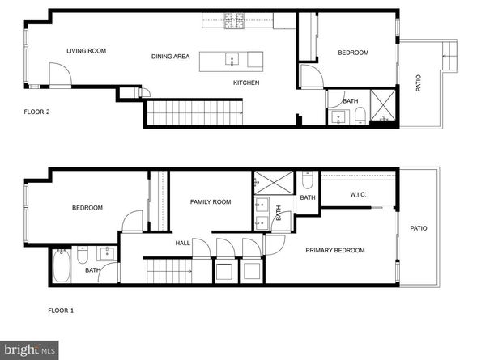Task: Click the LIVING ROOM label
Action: (x=87, y=51)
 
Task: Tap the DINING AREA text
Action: (x=170, y=56)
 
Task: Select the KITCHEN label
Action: (x=246, y=83)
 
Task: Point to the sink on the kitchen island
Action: (x=232, y=59)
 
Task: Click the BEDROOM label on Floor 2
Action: (x=353, y=53)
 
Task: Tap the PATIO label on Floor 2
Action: (x=419, y=83)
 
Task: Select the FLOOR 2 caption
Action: (x=37, y=112)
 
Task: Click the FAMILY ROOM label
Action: (x=211, y=201)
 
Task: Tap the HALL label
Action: (x=183, y=242)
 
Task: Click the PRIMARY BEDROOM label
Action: (x=334, y=250)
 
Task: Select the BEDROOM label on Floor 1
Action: (x=87, y=208)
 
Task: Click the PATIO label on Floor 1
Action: (x=419, y=228)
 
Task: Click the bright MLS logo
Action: (x=29, y=349)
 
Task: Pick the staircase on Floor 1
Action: (x=168, y=271)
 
